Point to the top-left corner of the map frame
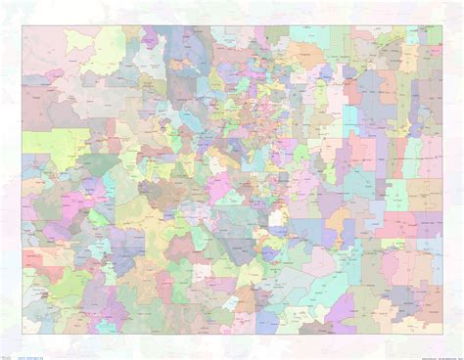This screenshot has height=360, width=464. point(22,25)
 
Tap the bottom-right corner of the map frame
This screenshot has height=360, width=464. point(442,334)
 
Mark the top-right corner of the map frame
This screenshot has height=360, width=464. point(442,25)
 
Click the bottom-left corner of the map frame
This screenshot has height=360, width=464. point(22,334)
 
